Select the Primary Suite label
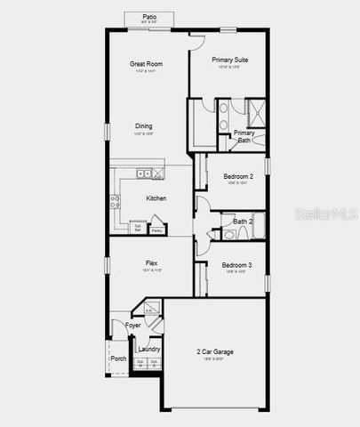tap(229, 60)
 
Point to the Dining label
tap(144, 125)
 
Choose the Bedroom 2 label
tap(237, 176)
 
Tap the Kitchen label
tap(156, 197)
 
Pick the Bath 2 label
tap(243, 221)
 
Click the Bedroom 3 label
tap(236, 265)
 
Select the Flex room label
tap(152, 263)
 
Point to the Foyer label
tap(133, 326)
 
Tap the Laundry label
tap(148, 349)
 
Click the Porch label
tap(118, 359)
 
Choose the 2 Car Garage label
tap(215, 351)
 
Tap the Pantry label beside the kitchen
tap(156, 230)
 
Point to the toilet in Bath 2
tap(228, 235)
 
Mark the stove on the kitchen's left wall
tap(115, 201)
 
